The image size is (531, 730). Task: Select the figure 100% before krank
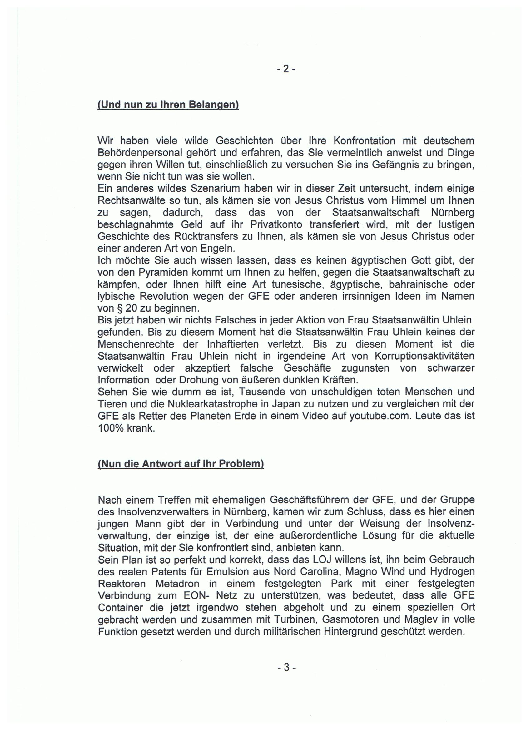[x=111, y=428]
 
